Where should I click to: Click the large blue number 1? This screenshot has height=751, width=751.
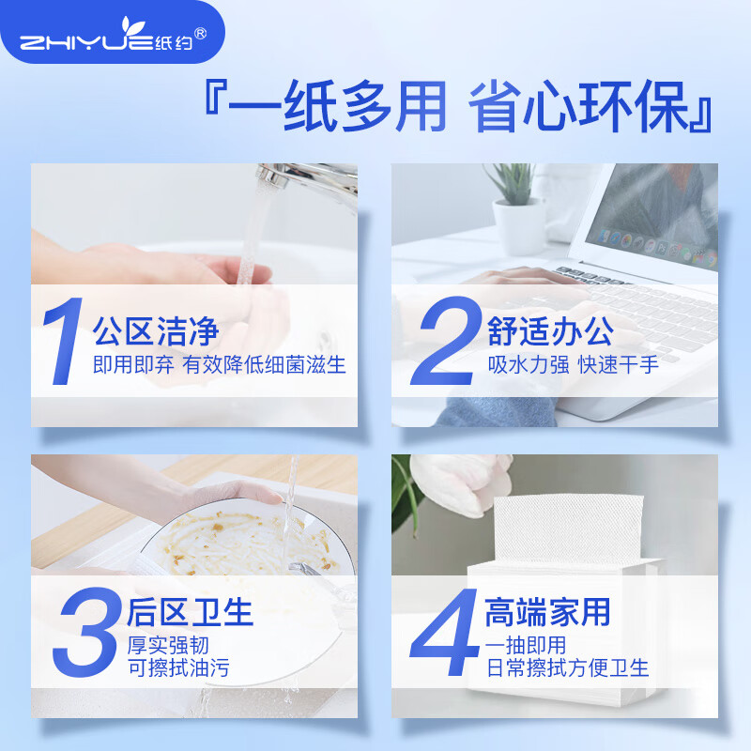(x=62, y=343)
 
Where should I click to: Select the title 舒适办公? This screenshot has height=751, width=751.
(x=550, y=330)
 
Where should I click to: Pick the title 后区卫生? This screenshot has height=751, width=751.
(x=191, y=612)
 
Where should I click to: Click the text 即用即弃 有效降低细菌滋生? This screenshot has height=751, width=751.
(x=220, y=365)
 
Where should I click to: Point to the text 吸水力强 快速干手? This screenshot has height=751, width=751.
(x=573, y=365)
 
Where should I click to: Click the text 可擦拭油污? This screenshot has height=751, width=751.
(x=177, y=669)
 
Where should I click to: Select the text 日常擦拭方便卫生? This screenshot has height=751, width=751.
(x=567, y=669)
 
